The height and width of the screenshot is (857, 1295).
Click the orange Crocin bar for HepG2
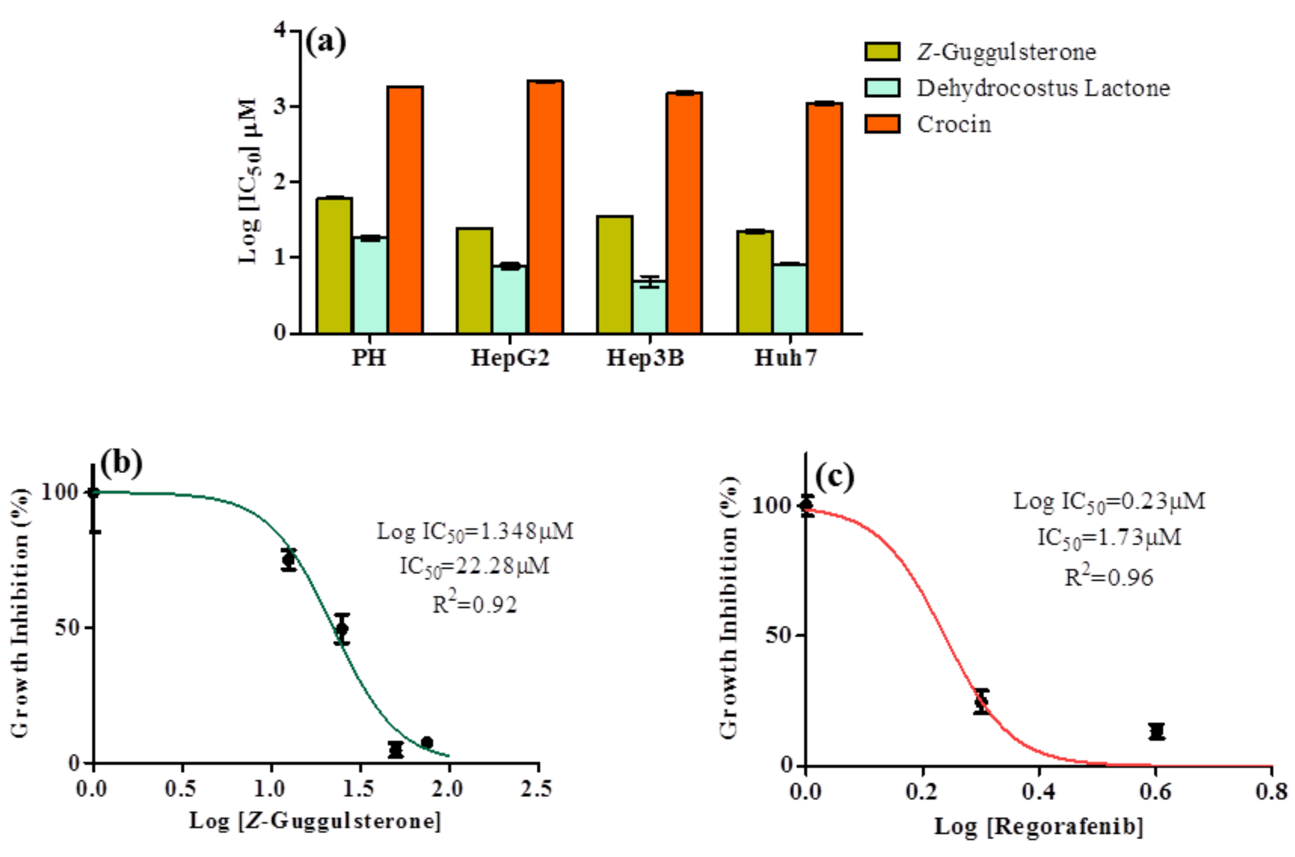click(x=545, y=208)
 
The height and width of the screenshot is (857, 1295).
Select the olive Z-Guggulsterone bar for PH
click(x=334, y=266)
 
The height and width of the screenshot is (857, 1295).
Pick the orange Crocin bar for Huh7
click(x=825, y=219)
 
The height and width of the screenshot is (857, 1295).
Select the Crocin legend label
click(x=954, y=125)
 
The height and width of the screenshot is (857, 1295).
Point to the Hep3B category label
click(x=645, y=358)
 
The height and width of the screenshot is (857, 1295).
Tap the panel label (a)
click(x=326, y=42)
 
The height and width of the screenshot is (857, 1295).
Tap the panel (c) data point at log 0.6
click(x=1156, y=731)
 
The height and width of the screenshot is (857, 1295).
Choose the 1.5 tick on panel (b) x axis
click(x=359, y=789)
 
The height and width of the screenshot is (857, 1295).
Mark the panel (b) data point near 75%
click(x=289, y=559)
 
